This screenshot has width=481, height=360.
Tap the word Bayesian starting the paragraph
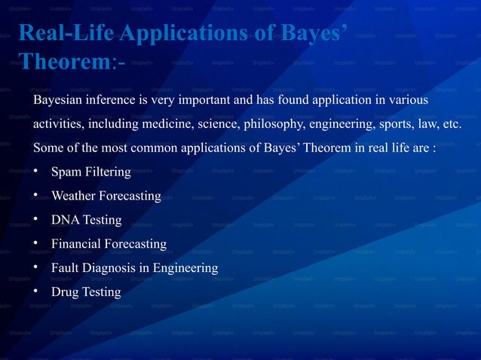[x=59, y=100]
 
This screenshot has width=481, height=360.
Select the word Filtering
[x=106, y=172]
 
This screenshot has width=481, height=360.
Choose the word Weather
[x=74, y=196]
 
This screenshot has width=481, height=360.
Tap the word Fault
[x=66, y=267]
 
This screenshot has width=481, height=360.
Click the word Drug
[x=65, y=291]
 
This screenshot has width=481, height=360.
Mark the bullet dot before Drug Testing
[x=36, y=291]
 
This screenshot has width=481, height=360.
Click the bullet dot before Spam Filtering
[x=36, y=172]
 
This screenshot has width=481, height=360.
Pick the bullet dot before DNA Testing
[x=36, y=219]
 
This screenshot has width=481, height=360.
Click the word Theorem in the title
[x=63, y=62]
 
